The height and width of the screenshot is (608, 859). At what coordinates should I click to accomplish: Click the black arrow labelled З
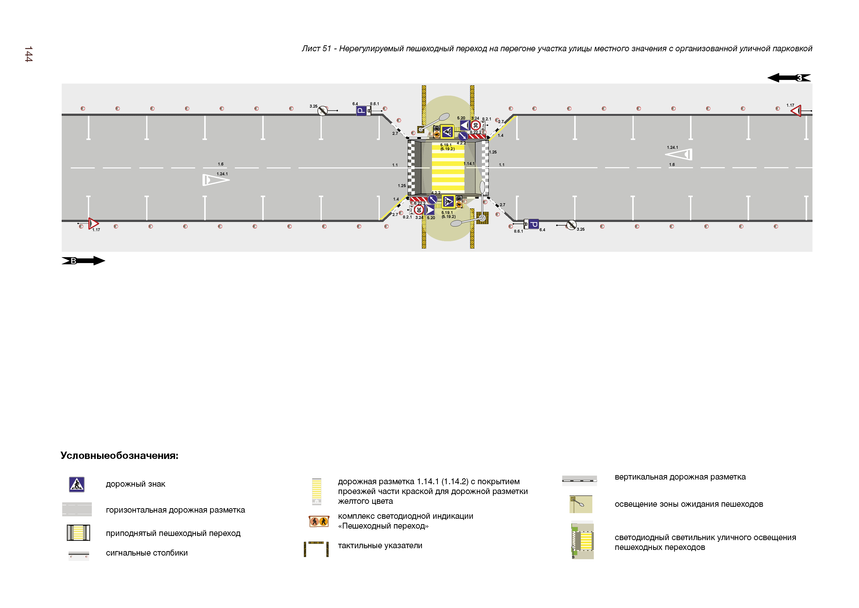[789, 78]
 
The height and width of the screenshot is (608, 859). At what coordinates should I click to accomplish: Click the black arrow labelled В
[83, 261]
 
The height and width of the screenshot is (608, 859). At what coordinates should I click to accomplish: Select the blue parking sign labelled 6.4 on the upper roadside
[361, 111]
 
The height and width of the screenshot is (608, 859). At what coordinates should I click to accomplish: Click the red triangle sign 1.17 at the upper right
[796, 111]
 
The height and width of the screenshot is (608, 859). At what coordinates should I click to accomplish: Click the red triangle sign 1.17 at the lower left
[93, 224]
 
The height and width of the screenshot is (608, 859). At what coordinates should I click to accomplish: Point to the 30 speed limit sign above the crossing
[476, 126]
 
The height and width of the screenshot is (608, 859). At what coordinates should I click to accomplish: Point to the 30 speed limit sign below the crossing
[419, 210]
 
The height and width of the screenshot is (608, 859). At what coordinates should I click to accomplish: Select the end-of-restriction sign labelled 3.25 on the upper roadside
[322, 111]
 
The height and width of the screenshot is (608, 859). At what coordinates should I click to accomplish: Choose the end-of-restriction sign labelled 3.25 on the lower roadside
[571, 225]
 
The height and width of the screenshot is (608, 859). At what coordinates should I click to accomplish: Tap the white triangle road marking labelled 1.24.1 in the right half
[680, 154]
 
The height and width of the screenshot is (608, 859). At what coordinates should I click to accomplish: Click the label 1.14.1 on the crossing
[469, 164]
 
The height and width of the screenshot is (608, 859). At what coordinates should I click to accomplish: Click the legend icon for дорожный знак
[77, 484]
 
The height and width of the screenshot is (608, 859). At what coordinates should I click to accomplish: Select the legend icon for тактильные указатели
[316, 549]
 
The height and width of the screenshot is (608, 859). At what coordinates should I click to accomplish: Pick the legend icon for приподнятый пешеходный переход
[78, 533]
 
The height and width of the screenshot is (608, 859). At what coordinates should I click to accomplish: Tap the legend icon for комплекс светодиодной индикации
[319, 521]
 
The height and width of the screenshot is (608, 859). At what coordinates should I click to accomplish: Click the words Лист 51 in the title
[316, 49]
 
